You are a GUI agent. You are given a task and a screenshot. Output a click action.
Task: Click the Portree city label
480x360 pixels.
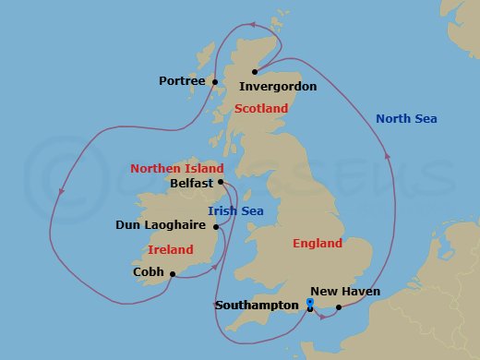(182, 81)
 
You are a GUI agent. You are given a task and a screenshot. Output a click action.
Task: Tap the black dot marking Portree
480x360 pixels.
(214, 82)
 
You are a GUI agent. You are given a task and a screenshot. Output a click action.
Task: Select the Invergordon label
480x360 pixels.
(278, 87)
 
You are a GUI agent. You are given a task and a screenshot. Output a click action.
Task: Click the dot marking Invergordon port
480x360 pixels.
(253, 71)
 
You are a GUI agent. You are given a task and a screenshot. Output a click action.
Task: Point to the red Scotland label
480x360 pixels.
(261, 109)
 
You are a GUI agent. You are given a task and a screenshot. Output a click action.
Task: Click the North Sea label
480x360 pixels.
(407, 118)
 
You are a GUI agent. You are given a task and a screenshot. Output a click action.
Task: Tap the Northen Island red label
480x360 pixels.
(177, 169)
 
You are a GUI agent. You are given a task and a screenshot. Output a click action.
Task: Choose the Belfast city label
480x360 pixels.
(192, 184)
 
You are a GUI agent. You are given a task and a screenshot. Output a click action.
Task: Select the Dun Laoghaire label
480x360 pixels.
(161, 225)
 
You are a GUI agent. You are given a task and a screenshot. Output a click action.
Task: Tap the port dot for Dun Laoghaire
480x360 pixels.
(215, 226)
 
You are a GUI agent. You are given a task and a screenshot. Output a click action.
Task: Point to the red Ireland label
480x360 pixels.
(171, 249)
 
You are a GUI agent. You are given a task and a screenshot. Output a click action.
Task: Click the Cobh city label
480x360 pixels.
(149, 273)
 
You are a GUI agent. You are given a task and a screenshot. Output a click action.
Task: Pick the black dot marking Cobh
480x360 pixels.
(173, 273)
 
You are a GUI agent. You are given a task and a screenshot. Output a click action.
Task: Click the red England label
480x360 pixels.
(317, 244)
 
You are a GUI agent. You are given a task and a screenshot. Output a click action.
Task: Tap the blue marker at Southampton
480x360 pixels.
(310, 304)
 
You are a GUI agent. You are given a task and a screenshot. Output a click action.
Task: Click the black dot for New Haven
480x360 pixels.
(339, 306)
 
